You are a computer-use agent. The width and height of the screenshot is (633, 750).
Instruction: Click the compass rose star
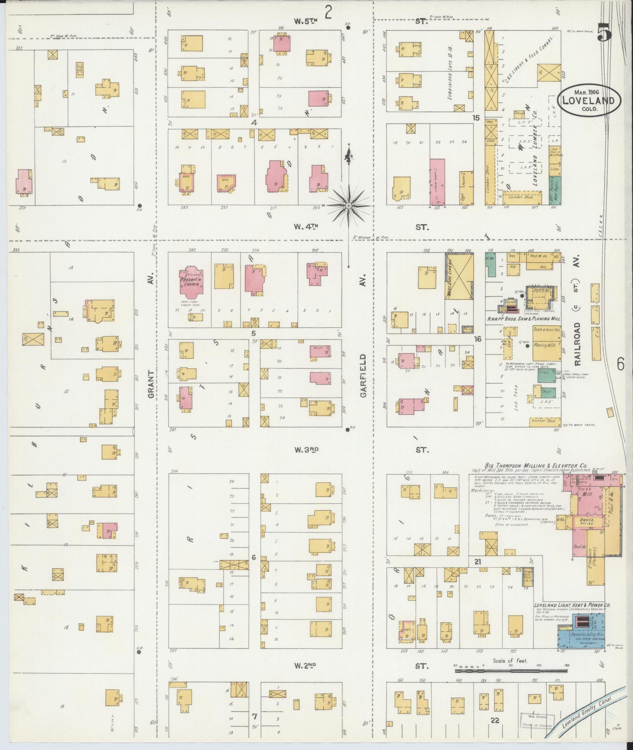click(x=348, y=205)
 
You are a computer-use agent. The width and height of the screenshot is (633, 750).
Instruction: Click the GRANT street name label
click(x=151, y=385)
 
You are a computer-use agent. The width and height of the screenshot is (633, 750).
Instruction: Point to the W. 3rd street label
click(x=306, y=450)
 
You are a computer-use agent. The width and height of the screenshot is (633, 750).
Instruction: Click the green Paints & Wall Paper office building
click(x=555, y=190)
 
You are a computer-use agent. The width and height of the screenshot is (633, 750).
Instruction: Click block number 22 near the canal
click(x=495, y=720)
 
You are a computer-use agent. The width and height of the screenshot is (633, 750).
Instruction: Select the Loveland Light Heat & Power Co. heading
click(x=572, y=605)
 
